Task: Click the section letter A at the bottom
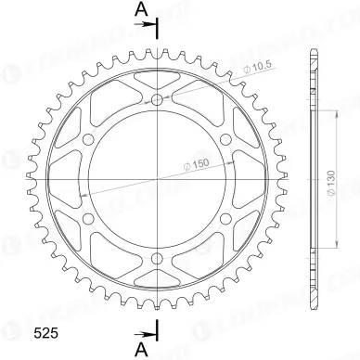click(142, 347)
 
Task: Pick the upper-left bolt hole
click(88, 139)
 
